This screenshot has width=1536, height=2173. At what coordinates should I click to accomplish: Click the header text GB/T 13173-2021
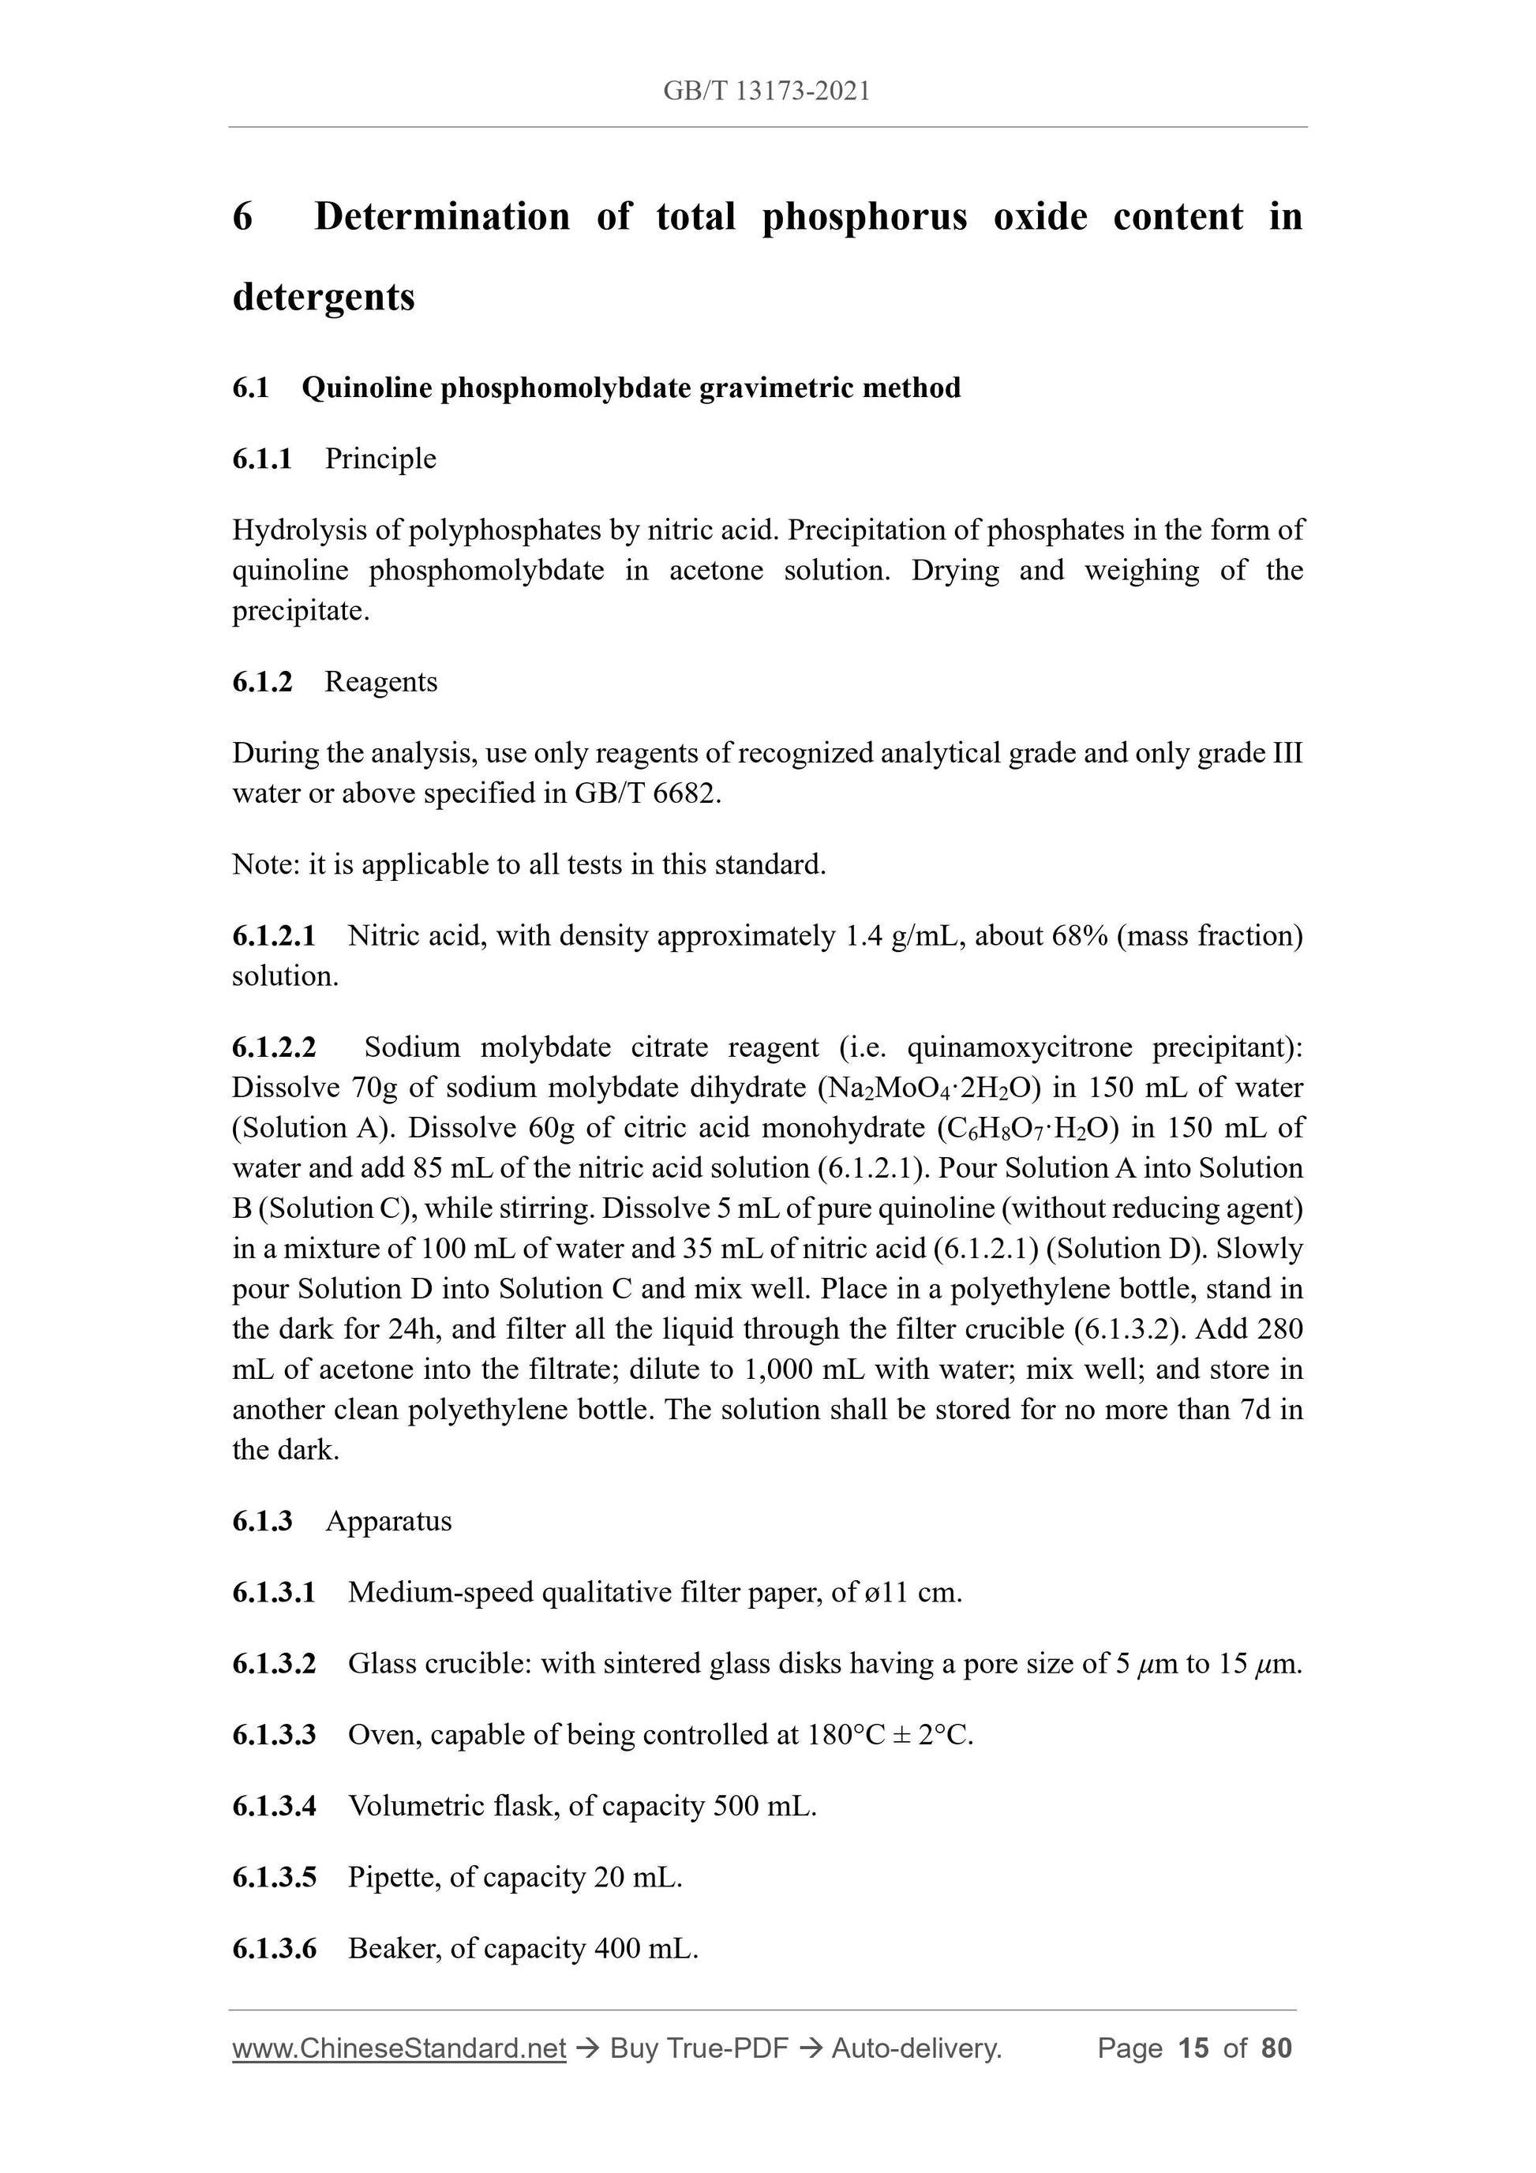pyautogui.click(x=766, y=91)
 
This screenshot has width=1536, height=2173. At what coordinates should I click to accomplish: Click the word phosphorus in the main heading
pyautogui.click(x=864, y=217)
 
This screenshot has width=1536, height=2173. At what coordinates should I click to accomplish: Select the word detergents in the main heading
pyautogui.click(x=324, y=297)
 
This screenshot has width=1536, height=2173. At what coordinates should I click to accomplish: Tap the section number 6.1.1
pyautogui.click(x=262, y=459)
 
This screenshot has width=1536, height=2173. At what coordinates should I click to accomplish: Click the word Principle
pyautogui.click(x=380, y=459)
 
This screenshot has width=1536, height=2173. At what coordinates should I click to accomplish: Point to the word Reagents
pyautogui.click(x=380, y=683)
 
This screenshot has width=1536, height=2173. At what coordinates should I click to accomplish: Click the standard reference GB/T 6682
pyautogui.click(x=646, y=794)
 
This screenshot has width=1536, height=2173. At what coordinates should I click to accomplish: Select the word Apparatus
pyautogui.click(x=388, y=1521)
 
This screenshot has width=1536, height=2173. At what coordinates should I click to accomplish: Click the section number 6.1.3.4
pyautogui.click(x=274, y=1807)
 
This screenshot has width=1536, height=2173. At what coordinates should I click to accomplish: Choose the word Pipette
pyautogui.click(x=390, y=1878)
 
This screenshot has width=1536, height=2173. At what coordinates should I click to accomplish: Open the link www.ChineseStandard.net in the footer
pyautogui.click(x=399, y=2048)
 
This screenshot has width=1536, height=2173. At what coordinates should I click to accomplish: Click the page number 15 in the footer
pyautogui.click(x=1193, y=2048)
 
